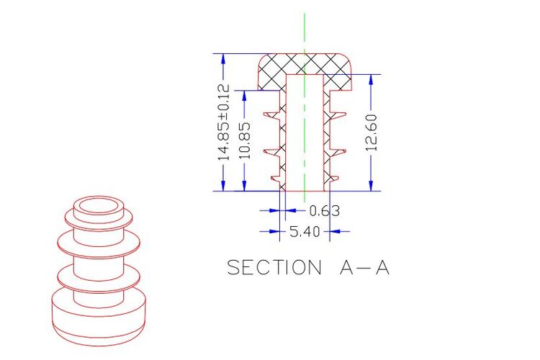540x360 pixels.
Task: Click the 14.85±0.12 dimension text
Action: (223, 122)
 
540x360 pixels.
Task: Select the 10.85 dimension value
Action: (245, 140)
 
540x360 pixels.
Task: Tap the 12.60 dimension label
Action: (372, 132)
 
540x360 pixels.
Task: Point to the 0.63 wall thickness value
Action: (325, 210)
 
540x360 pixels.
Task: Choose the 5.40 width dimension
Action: (305, 232)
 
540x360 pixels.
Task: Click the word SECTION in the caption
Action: (274, 267)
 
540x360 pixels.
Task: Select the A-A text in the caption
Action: (365, 267)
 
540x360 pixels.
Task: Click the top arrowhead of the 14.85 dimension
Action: (223, 59)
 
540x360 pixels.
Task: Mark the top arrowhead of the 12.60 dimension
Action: (371, 80)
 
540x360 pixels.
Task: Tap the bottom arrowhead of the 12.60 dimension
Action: (371, 186)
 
